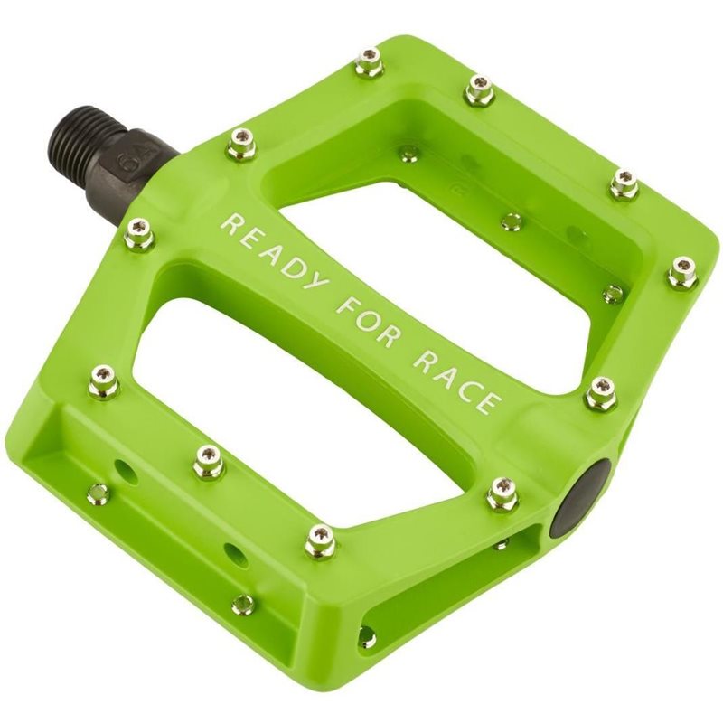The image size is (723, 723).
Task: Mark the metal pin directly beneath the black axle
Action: point(138,234)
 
